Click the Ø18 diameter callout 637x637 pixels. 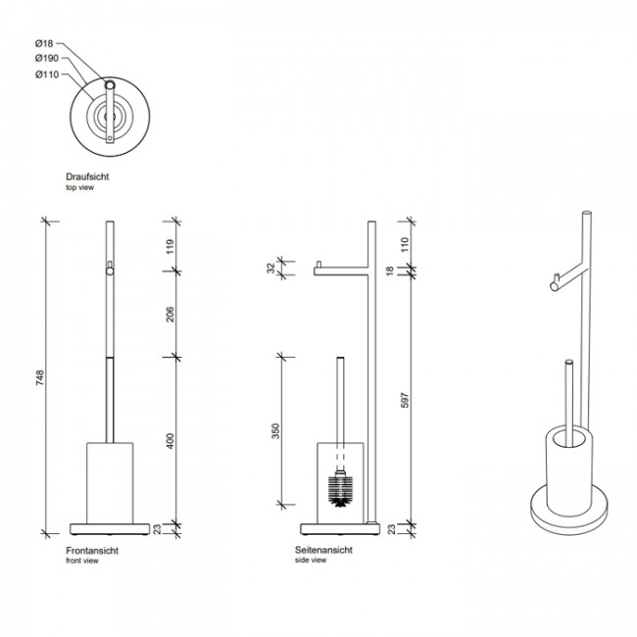44,43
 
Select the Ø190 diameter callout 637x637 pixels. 47,58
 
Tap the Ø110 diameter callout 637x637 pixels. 47,74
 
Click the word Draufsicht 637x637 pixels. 87,176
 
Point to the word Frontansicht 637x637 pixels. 92,551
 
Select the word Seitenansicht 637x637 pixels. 323,550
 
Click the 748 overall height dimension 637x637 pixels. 40,377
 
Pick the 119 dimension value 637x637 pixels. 170,247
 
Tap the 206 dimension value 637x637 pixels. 170,315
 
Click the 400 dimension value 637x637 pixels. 170,441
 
